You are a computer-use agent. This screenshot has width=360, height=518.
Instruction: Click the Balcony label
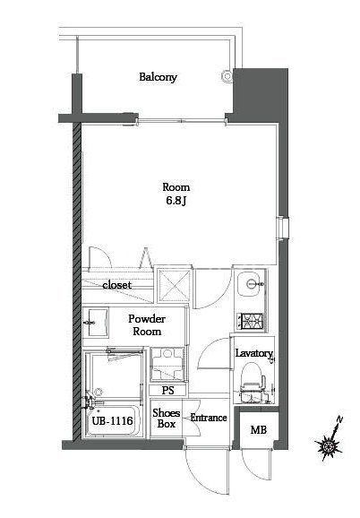coord(158,77)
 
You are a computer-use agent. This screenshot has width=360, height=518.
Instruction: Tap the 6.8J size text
coord(176,202)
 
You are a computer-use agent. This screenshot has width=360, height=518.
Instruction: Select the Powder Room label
coord(143,324)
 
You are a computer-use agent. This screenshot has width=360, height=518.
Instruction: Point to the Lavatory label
coord(253,353)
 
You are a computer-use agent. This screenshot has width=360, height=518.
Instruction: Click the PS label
coord(167,390)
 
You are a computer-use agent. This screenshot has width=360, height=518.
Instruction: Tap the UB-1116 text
coord(111,420)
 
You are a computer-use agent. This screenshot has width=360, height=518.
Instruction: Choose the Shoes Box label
coord(166,419)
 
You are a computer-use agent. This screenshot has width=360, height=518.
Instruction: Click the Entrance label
coord(209,418)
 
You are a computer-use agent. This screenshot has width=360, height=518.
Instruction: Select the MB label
coord(258,430)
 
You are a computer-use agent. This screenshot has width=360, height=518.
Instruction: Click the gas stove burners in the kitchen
coord(248,317)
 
